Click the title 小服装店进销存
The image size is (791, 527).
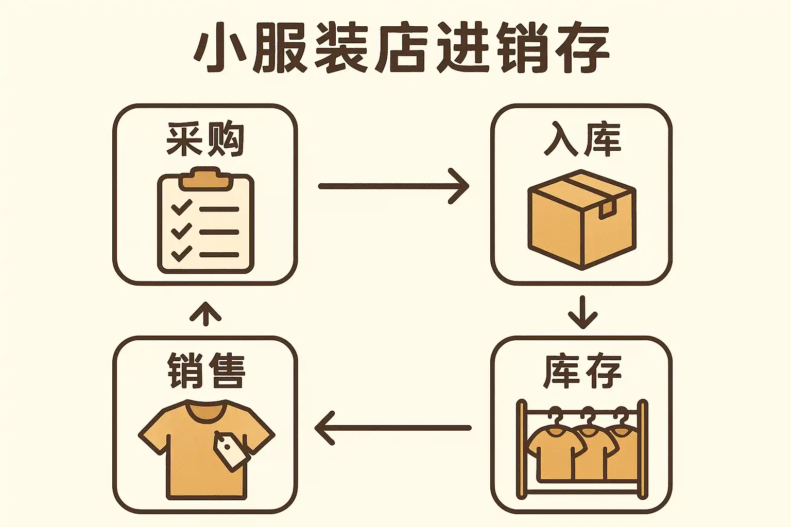pyautogui.click(x=402, y=48)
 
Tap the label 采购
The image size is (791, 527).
pyautogui.click(x=205, y=139)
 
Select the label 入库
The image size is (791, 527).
pyautogui.click(x=582, y=139)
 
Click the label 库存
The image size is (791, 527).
pyautogui.click(x=582, y=372)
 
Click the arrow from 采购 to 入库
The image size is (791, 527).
pyautogui.click(x=393, y=186)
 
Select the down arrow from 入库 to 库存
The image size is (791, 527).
pyautogui.click(x=582, y=312)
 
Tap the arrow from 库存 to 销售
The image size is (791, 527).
pyautogui.click(x=393, y=428)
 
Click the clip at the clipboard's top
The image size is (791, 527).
pyautogui.click(x=206, y=179)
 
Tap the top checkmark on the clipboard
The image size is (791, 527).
pyautogui.click(x=181, y=207)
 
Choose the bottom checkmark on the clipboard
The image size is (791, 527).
pyautogui.click(x=181, y=254)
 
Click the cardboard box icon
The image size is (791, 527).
pyautogui.click(x=582, y=220)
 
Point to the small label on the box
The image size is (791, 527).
pyautogui.click(x=607, y=209)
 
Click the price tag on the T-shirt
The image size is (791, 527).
pyautogui.click(x=231, y=451)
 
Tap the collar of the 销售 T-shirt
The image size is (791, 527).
pyautogui.click(x=206, y=410)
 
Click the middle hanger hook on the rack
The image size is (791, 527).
pyautogui.click(x=588, y=413)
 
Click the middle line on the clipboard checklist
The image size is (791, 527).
pyautogui.click(x=219, y=232)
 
